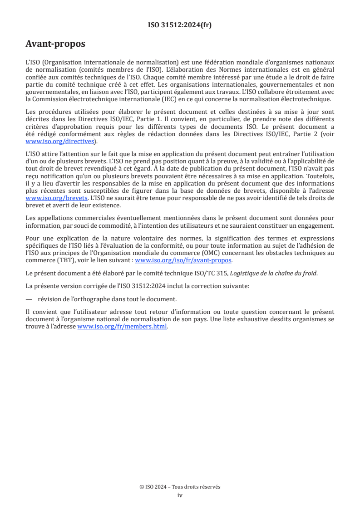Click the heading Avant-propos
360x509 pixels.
pyautogui.click(x=55, y=44)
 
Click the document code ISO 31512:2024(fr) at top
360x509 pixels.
pyautogui.click(x=180, y=25)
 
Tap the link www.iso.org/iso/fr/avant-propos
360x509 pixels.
pyautogui.click(x=183, y=260)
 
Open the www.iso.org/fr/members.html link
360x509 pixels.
pyautogui.click(x=122, y=326)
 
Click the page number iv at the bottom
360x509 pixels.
pyautogui.click(x=180, y=495)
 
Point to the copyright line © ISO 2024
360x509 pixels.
pyautogui.click(x=180, y=487)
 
